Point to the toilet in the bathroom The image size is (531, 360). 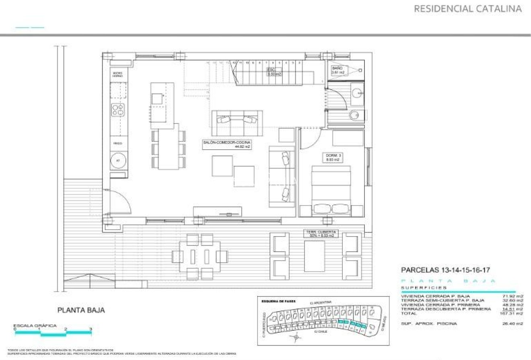tap(354, 115)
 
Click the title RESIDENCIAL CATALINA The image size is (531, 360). tap(468, 9)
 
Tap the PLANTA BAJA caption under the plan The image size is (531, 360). tap(81, 310)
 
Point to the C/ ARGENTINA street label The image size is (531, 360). tap(321, 302)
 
